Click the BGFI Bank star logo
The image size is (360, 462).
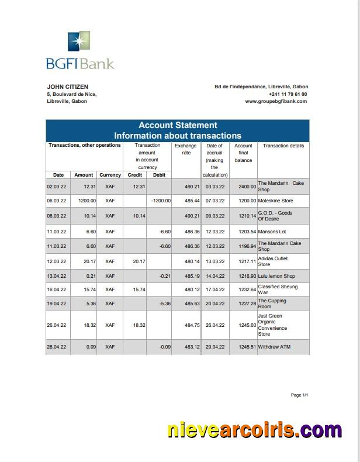tap(80, 42)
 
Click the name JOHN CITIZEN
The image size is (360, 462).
tap(67, 87)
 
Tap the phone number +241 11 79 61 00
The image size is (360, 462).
tap(288, 94)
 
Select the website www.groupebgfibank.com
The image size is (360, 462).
tap(276, 101)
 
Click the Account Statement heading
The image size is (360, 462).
tap(177, 125)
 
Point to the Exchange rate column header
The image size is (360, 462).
tap(186, 149)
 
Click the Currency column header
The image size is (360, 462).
tap(110, 175)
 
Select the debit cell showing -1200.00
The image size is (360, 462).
tap(160, 201)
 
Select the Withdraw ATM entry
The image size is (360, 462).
tap(274, 347)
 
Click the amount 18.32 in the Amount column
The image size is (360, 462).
tap(84, 325)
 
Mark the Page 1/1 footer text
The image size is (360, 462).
tap(299, 395)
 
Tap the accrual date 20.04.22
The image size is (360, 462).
tap(215, 304)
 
